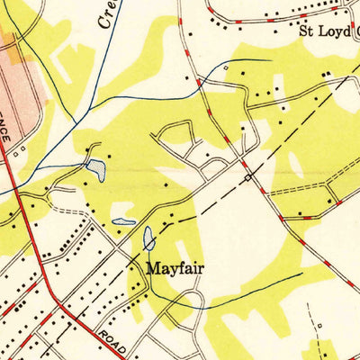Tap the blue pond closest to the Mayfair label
148,238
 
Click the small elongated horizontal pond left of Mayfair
123,221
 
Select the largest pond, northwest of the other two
95,166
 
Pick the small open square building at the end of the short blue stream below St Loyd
225,67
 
